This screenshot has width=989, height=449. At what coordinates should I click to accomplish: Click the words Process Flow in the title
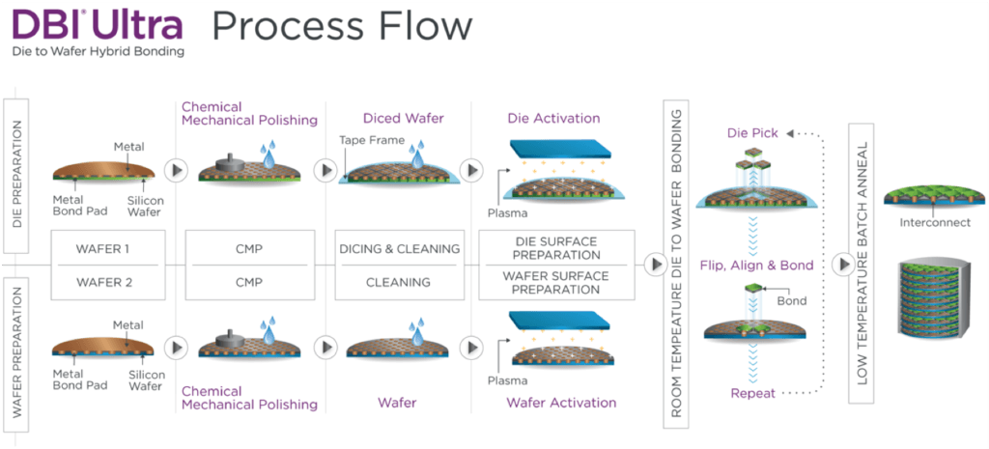coord(342,25)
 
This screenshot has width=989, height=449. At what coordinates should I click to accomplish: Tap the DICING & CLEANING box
coord(398,248)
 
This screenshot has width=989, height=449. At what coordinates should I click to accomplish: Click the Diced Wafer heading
coord(403,119)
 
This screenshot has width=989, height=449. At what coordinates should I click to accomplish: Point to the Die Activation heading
coord(553,119)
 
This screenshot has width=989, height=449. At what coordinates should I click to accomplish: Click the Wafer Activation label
coord(561,403)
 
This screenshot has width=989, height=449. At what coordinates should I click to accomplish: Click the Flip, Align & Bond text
coord(756,266)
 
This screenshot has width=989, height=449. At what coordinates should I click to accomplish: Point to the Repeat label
coord(752,393)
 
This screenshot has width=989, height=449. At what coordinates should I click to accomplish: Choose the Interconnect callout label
coord(927,223)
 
